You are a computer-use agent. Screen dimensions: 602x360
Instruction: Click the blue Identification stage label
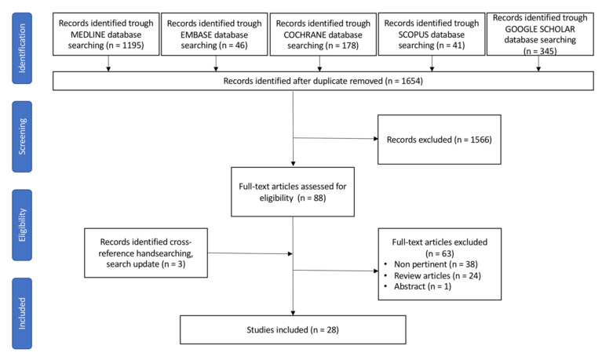point(22,48)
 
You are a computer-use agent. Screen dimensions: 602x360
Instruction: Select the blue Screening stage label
point(22,136)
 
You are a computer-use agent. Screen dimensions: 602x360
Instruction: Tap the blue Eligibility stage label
point(22,225)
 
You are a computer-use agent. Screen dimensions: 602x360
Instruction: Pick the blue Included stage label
point(22,313)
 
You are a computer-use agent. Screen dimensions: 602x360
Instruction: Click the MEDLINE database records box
point(106,35)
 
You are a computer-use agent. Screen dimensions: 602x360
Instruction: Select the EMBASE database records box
point(214,35)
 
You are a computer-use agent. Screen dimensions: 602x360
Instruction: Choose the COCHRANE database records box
point(323,35)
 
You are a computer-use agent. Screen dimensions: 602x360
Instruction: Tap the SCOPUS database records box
point(432,35)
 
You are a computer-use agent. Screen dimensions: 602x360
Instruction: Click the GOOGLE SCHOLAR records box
point(540,35)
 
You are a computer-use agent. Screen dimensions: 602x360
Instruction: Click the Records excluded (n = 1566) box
point(440,140)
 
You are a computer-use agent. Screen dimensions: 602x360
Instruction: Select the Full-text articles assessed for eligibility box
point(293,192)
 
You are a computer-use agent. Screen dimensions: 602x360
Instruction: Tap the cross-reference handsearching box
point(146,253)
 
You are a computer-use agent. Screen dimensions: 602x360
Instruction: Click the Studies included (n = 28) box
point(293,329)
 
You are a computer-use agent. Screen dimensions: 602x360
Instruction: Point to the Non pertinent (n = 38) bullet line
point(431,264)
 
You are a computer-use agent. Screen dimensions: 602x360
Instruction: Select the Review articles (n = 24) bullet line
point(432,275)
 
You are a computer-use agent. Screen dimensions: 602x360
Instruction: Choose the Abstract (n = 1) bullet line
point(418,286)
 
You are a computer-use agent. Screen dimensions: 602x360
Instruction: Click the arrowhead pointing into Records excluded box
point(376,139)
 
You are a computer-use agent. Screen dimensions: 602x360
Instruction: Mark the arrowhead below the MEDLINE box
point(108,69)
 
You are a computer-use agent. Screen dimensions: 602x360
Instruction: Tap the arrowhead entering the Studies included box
point(293,313)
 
